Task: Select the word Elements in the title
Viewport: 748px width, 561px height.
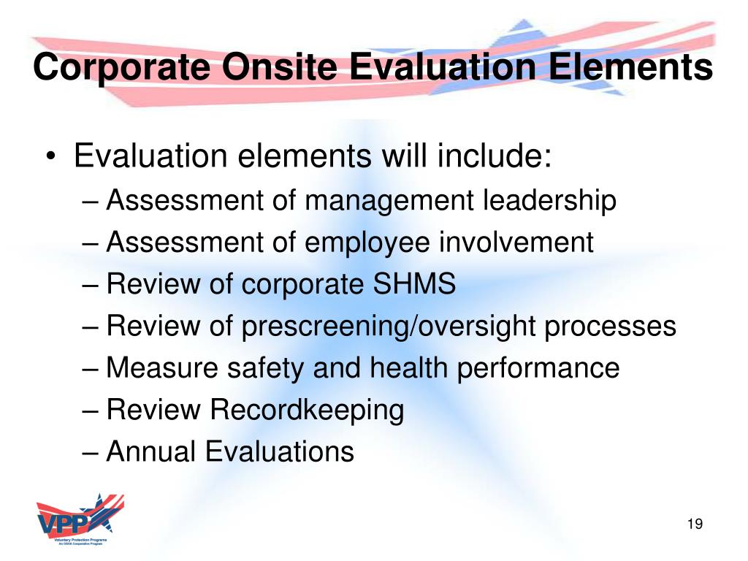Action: [633, 68]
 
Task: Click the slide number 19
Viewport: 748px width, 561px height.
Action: [694, 524]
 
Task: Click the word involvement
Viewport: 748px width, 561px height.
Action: [516, 243]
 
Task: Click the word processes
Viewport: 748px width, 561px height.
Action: [610, 327]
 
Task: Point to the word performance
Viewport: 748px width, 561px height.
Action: [538, 368]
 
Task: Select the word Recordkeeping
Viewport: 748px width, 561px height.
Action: [307, 411]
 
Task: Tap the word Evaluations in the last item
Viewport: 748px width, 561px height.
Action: [279, 452]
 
